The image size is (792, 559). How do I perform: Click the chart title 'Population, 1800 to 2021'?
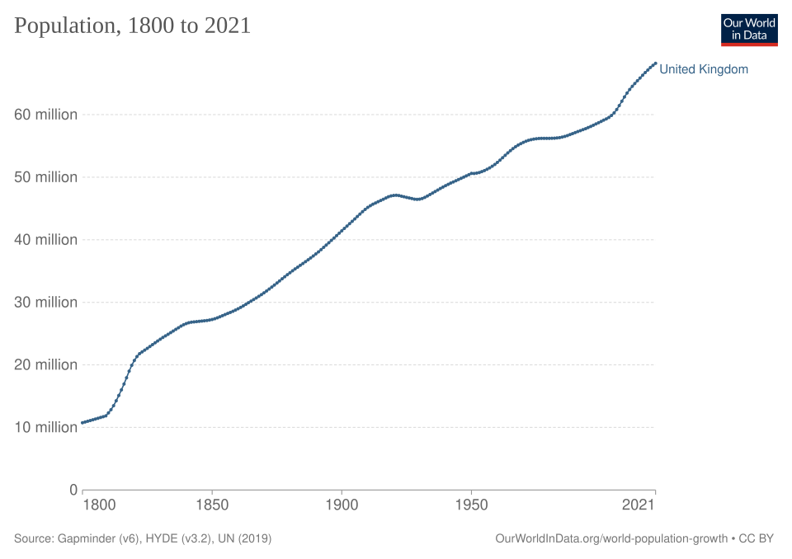click(x=132, y=26)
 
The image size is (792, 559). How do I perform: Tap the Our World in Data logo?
click(x=749, y=30)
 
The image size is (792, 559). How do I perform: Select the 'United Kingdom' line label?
click(x=704, y=69)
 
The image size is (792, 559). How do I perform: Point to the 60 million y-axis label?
click(x=45, y=115)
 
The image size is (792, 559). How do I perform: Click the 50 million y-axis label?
click(x=45, y=177)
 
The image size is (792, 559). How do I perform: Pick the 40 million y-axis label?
click(x=45, y=240)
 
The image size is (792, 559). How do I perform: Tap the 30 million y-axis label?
click(x=45, y=303)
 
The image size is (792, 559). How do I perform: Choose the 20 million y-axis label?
click(x=45, y=364)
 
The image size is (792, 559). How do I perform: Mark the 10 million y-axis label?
click(x=45, y=427)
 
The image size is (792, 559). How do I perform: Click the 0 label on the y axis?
click(x=73, y=490)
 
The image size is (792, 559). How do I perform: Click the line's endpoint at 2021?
click(x=655, y=63)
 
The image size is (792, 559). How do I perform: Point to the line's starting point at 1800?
click(x=82, y=423)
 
